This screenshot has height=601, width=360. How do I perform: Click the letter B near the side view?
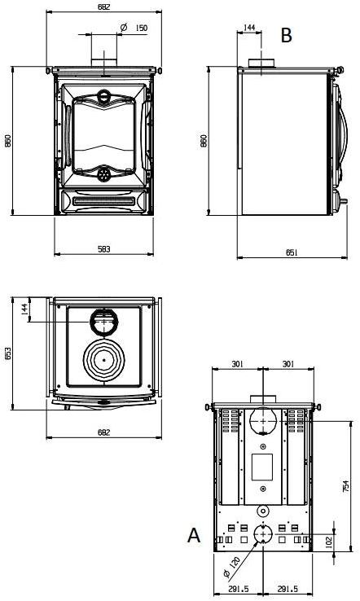click(x=286, y=35)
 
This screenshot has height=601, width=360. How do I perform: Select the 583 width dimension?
click(x=103, y=248)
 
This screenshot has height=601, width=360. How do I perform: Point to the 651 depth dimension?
click(x=292, y=252)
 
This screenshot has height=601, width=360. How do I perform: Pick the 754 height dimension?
click(x=346, y=486)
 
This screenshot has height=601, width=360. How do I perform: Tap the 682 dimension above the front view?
click(x=103, y=7)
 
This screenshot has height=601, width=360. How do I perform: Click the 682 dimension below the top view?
click(x=103, y=432)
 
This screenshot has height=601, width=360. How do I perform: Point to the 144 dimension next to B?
click(x=249, y=28)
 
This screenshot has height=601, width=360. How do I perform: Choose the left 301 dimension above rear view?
click(x=237, y=364)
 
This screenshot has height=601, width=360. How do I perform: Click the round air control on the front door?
click(x=103, y=174)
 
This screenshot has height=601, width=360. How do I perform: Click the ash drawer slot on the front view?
click(x=103, y=200)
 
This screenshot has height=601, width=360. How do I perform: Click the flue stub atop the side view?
click(x=261, y=65)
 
